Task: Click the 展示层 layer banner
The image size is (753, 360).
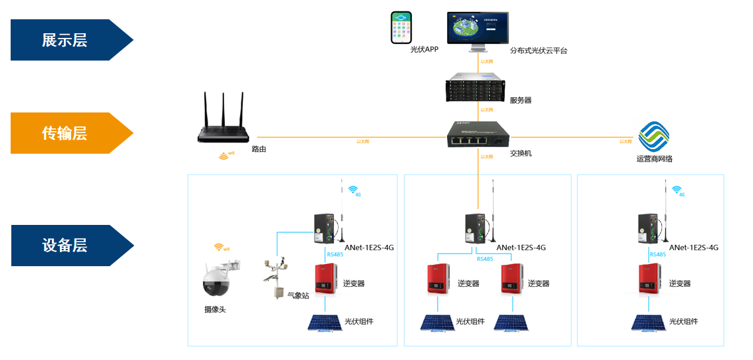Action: [x=65, y=40]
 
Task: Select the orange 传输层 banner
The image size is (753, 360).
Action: [x=65, y=133]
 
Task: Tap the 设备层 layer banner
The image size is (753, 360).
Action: [x=65, y=246]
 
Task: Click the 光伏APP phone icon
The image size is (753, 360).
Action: [x=402, y=27]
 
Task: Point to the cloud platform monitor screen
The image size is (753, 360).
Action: [x=478, y=27]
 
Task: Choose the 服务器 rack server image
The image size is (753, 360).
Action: [x=478, y=87]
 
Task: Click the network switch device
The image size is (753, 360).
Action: [x=479, y=134]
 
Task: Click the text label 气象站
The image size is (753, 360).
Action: [x=298, y=295]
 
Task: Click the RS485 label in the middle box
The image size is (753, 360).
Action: [x=485, y=259]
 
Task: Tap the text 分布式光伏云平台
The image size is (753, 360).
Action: [x=538, y=51]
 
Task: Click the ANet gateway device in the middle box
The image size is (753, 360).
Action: [x=477, y=229]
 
